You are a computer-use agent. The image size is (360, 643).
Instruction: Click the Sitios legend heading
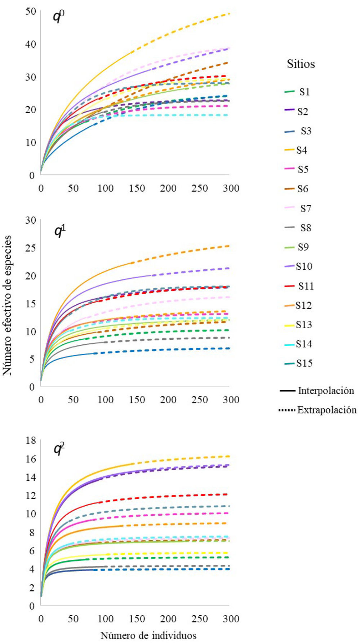301,64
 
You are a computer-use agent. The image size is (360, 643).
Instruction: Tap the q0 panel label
59,17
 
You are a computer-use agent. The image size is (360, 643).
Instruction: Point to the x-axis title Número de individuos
148,635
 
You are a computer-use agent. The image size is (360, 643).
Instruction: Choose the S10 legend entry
304,267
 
